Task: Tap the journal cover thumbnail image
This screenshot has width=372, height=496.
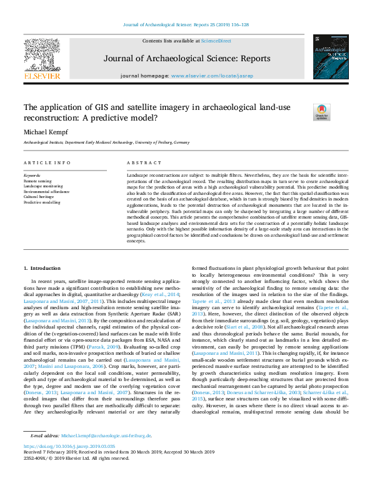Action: pos(331,57)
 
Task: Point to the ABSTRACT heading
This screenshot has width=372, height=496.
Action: pos(140,162)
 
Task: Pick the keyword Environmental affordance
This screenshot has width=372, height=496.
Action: pos(47,192)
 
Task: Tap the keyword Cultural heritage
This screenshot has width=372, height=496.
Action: pos(39,197)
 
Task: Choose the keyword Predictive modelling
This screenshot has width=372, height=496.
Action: pos(43,202)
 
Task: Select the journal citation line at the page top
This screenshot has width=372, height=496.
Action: pos(186,24)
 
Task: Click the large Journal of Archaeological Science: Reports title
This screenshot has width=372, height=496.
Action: pos(186,59)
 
